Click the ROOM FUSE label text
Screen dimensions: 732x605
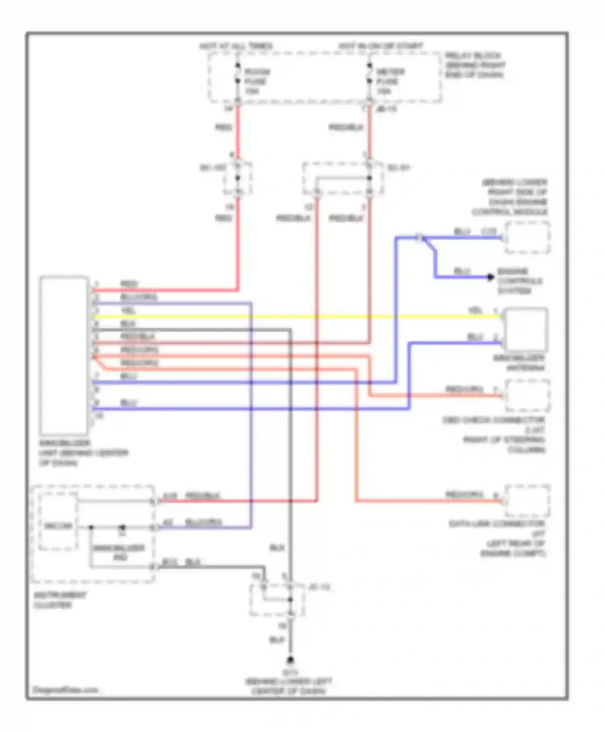[x=257, y=81]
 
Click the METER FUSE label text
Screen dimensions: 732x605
[x=389, y=81]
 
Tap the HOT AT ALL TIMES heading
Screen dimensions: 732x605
[x=236, y=46]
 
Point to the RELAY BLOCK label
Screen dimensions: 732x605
[x=475, y=65]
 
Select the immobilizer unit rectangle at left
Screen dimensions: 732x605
[x=64, y=355]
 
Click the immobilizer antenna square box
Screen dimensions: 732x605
[x=526, y=330]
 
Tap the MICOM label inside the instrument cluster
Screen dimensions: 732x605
[x=58, y=526]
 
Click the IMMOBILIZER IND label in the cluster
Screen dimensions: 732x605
[x=119, y=552]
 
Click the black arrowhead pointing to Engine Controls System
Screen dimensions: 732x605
[x=490, y=277]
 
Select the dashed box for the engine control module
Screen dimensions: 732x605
[x=527, y=238]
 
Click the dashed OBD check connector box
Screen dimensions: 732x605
[x=527, y=395]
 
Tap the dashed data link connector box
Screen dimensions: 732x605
[x=527, y=501]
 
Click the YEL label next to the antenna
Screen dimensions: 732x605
[x=476, y=310]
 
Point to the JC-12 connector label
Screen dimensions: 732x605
[x=319, y=587]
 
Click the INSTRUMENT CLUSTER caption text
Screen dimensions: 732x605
[x=60, y=600]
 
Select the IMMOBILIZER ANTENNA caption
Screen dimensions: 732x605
[x=519, y=363]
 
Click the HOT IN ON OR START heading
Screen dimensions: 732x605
[x=380, y=46]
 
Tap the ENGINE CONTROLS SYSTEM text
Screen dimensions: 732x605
[x=519, y=281]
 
